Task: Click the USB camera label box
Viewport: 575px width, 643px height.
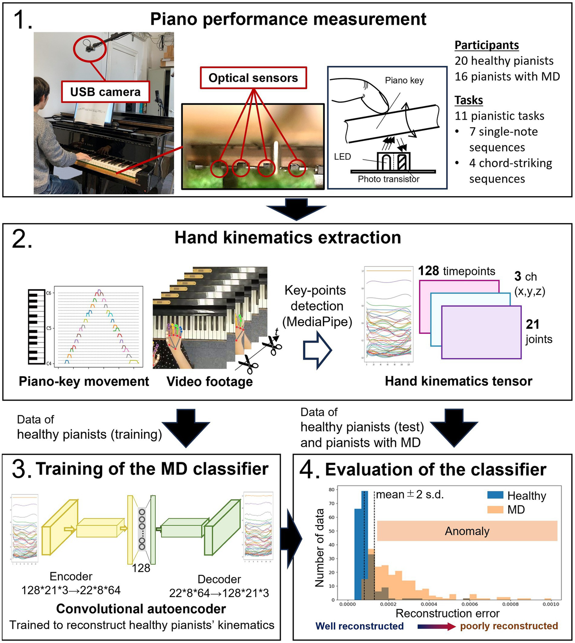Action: coord(105,92)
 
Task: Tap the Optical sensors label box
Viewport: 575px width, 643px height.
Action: coord(253,78)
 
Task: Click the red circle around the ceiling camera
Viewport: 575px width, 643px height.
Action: coord(90,48)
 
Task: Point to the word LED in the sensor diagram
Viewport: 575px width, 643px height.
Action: coord(342,157)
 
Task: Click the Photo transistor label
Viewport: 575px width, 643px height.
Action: coord(388,179)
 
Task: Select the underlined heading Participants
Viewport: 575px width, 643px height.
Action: coord(487,45)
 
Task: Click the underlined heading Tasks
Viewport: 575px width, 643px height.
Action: coord(469,100)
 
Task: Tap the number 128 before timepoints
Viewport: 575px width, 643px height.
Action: coord(428,271)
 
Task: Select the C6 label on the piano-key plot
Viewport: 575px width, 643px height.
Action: coord(49,293)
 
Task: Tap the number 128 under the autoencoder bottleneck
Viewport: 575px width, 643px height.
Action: coord(141,568)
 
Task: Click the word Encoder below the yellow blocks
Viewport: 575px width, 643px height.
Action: coord(71,576)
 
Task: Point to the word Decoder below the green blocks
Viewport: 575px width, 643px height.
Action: coord(219,579)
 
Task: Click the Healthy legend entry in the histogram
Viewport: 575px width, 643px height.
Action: coord(517,496)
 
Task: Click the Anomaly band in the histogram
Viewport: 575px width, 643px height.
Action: coord(467,531)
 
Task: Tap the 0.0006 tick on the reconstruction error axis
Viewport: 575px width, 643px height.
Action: coord(469,604)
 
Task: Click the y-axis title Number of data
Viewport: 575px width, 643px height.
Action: coord(320,548)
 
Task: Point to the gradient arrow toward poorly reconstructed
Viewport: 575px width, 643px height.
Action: coord(436,626)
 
